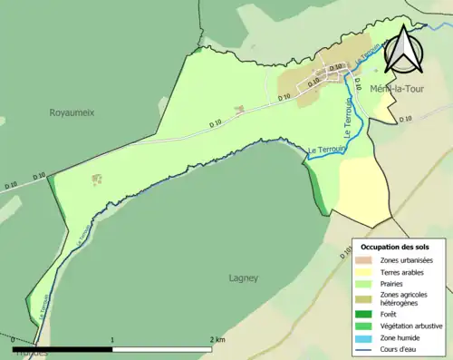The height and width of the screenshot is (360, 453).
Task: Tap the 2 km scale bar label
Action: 217,341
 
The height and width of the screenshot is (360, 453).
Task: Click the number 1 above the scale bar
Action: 112,341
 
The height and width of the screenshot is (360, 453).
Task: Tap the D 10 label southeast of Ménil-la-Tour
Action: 404,119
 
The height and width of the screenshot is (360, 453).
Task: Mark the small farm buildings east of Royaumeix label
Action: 97,180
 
